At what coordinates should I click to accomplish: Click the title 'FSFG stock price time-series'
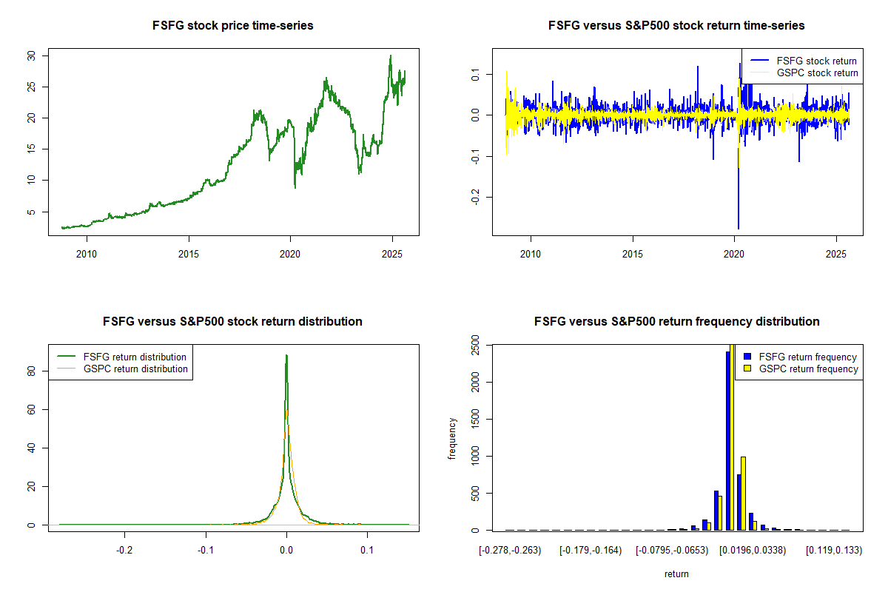click(232, 26)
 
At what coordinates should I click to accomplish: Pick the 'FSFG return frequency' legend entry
click(807, 357)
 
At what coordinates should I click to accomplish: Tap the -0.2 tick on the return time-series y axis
click(476, 197)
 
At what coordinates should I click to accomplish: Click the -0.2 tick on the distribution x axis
click(125, 551)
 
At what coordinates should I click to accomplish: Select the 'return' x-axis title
click(676, 573)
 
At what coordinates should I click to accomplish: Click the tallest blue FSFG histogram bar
click(727, 440)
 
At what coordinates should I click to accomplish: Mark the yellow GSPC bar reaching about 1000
click(743, 493)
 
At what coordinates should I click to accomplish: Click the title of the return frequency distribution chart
click(676, 322)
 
